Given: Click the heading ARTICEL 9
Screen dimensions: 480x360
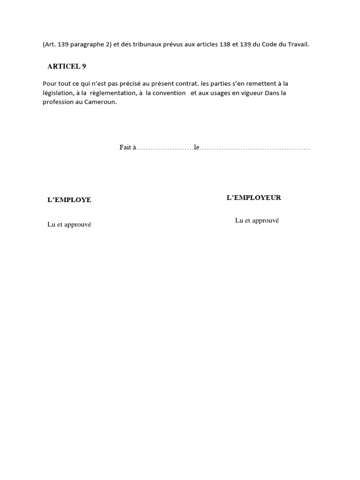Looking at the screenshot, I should tap(67, 67).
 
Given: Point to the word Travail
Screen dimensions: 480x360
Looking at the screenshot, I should tap(298, 45).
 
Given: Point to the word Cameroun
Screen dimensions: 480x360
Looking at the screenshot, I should tap(101, 102).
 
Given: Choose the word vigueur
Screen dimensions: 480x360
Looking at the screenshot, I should tap(252, 93).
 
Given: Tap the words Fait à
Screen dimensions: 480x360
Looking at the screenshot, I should tap(127, 148).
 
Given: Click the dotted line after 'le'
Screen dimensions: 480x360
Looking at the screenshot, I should tap(255, 149).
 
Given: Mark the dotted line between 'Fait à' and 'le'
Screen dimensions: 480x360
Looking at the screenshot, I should tap(165, 149).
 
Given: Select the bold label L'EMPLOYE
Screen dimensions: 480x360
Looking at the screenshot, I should tap(69, 200).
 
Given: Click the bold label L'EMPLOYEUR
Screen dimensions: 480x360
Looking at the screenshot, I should tap(254, 198).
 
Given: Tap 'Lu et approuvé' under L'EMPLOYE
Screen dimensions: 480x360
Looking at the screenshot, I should tap(69, 225).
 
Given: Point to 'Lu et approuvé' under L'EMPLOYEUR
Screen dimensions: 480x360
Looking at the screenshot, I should tap(257, 220).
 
